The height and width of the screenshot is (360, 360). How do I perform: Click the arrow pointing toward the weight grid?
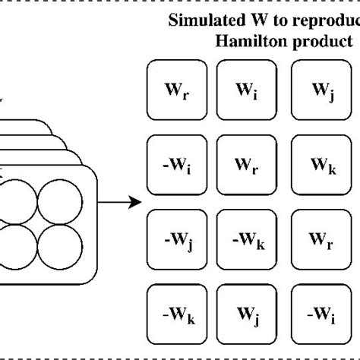(122, 202)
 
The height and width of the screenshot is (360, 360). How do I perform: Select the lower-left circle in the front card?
(17, 245)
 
